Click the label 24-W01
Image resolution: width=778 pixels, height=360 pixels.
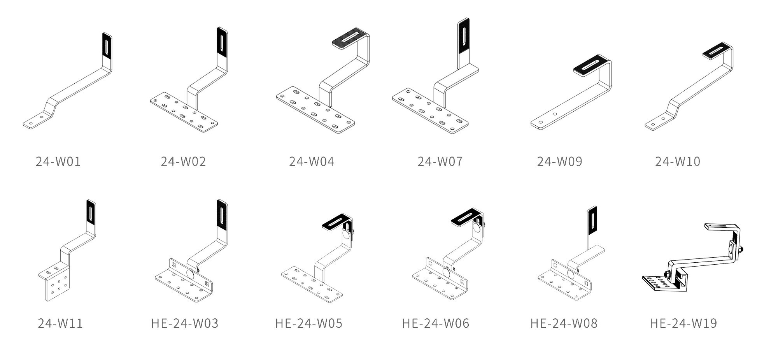click(x=58, y=161)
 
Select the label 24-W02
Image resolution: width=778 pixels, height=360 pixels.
click(x=183, y=161)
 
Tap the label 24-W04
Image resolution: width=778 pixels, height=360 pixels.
click(x=311, y=161)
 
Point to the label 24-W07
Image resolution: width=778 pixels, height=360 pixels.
click(x=440, y=161)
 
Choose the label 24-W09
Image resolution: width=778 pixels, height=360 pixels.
click(x=559, y=161)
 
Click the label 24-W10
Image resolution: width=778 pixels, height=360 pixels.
click(x=677, y=161)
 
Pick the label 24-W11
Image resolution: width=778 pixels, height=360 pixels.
click(x=60, y=323)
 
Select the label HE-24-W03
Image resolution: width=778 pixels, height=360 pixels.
click(x=185, y=323)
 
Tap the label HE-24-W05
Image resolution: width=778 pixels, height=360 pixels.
click(x=309, y=323)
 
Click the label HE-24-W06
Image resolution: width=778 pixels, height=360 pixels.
click(x=436, y=323)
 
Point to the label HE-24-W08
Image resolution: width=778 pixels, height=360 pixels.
click(x=564, y=323)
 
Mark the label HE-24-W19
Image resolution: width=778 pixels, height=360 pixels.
click(x=683, y=323)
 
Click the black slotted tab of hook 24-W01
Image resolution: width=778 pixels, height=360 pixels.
click(x=107, y=45)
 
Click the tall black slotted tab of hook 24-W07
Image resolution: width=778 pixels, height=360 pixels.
click(x=463, y=36)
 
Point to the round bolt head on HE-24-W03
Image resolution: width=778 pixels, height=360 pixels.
click(x=191, y=274)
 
